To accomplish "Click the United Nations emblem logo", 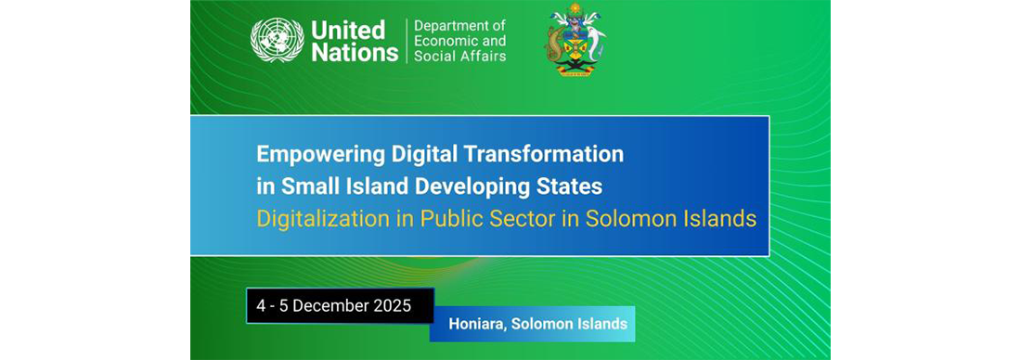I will coord(277,41).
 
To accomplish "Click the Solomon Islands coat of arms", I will coord(575,42).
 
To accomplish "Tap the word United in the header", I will coord(347,30).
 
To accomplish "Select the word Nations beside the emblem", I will coord(355,53).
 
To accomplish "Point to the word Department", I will coord(459,26).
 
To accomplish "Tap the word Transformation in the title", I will coord(551,152).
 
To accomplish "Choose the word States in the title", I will coord(573,186).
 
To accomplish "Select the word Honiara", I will coord(478,325).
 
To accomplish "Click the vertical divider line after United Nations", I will coord(406,41).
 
